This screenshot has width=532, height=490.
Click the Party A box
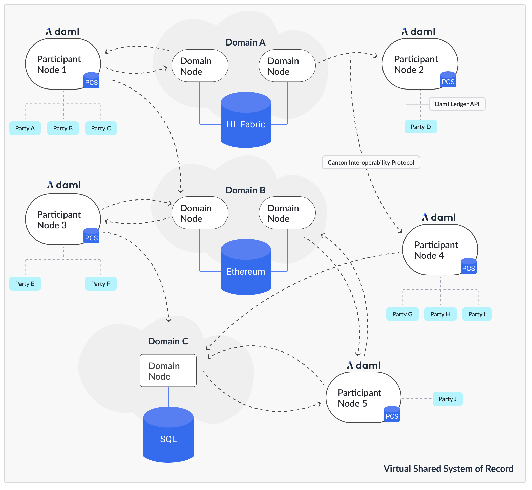click(x=25, y=129)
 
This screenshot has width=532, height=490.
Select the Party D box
click(x=421, y=127)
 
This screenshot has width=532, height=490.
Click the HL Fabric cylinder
click(x=246, y=124)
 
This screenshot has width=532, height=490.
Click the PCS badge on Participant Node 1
click(x=92, y=81)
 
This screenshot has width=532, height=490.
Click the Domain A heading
click(x=246, y=42)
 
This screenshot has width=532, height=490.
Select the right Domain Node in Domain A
click(x=287, y=66)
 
